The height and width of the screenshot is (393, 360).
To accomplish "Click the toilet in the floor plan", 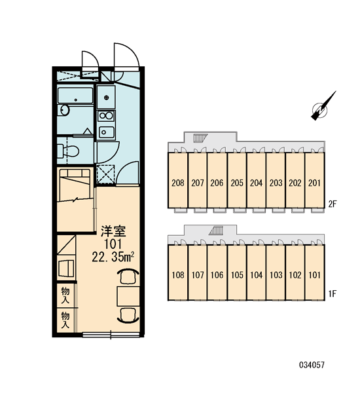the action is coord(68,151).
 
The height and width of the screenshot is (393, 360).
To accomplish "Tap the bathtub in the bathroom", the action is coord(75,95).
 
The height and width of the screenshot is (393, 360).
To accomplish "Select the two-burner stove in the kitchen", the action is coord(106,116).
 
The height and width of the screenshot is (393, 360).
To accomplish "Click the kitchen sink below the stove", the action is coord(107,132).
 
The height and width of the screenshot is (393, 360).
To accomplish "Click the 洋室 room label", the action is coord(113,231).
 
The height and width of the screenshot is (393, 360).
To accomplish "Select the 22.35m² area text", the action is coord(113,257).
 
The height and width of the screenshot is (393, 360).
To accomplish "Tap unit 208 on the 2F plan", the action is coord(178,183).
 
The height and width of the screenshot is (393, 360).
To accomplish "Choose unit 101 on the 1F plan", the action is coord(314,275).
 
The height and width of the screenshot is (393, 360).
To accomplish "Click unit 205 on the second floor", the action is coord(237,183).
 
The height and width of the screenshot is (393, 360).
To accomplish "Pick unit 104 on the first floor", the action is coord(257,275).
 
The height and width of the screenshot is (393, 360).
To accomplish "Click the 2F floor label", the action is coord(333,204).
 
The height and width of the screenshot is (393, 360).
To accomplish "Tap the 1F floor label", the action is coord(333,293).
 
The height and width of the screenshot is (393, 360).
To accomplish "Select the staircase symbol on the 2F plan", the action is coord(201,138).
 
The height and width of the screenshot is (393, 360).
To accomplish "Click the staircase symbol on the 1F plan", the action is coord(216,231).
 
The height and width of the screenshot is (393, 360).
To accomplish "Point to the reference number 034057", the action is coord(312,365).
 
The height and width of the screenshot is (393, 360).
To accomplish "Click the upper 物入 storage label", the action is coord(65,295).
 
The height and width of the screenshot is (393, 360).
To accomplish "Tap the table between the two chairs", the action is coord(128,297).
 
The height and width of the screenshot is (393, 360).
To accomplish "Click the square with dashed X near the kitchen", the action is coord(105,174).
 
